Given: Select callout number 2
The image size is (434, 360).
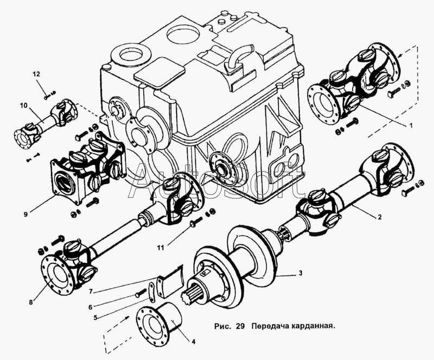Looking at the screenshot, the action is tap(380, 217).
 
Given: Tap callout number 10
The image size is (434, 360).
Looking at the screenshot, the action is tap(23, 105).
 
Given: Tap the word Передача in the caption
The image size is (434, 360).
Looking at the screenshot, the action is tap(269, 327).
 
